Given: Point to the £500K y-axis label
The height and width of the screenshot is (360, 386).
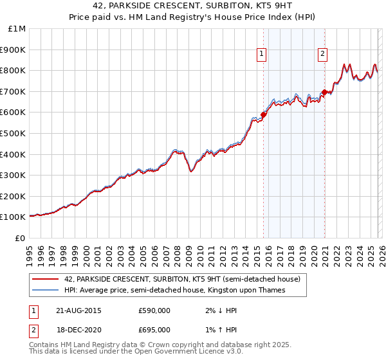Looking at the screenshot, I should pos(14,133).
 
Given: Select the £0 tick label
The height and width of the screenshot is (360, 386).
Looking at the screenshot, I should pos(20,238).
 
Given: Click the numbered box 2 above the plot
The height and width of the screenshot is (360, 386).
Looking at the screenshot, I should pos(322,55).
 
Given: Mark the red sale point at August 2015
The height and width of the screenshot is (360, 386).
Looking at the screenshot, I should pos(263,114).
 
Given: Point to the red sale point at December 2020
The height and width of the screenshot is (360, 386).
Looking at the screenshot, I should pos(324,93).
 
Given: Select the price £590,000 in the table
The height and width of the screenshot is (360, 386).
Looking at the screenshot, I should pos(154,310).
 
